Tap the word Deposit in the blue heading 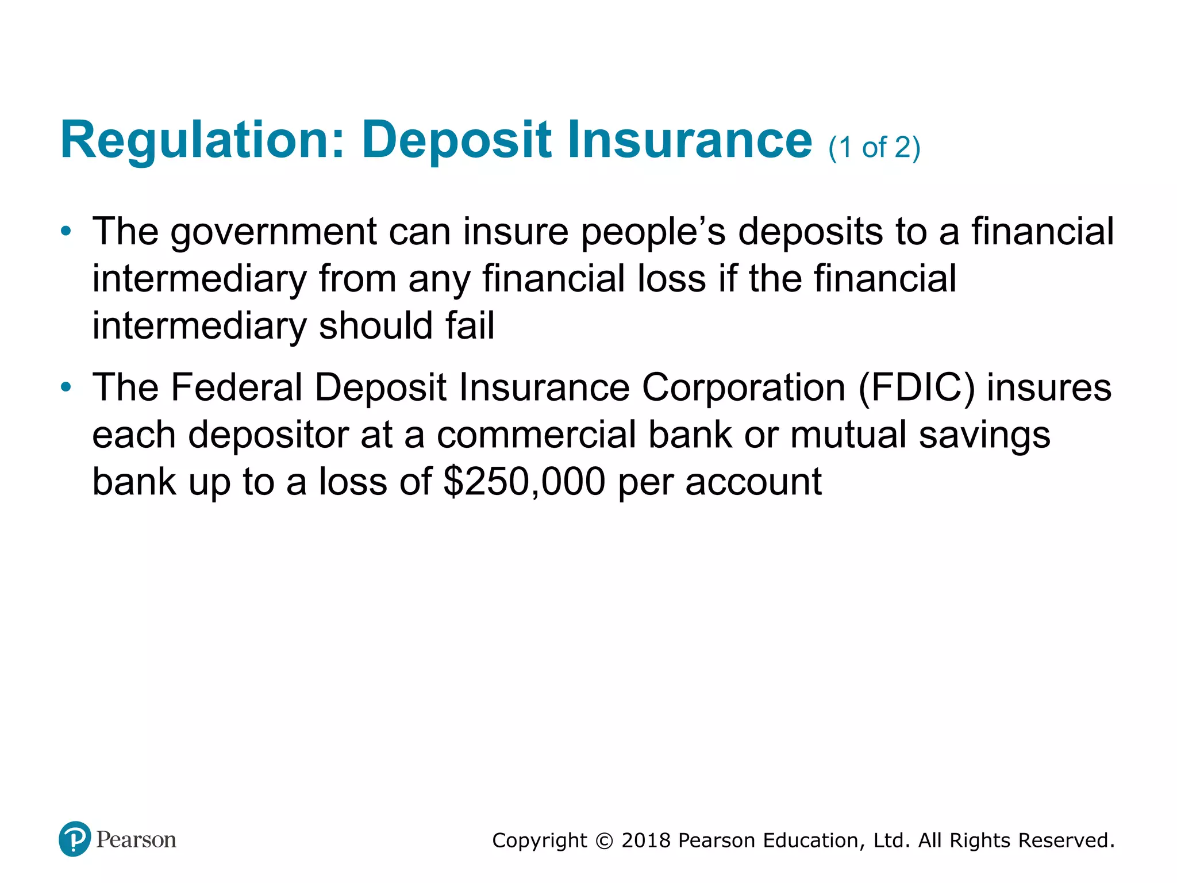point(457,140)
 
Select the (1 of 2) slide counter point(874,147)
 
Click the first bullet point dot point(66,231)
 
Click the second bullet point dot point(66,387)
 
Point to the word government point(274,232)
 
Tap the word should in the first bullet point(375,325)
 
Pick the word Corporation point(744,387)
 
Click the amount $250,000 point(524,482)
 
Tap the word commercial point(537,435)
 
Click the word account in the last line point(753,482)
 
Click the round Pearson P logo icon point(75,839)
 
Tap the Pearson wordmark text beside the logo point(136,840)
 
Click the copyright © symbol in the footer point(604,841)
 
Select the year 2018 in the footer point(646,840)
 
